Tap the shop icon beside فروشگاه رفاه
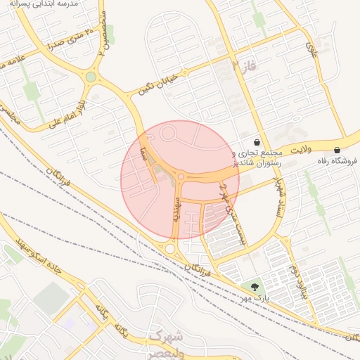[x=337, y=149]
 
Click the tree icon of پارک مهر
[x=254, y=287]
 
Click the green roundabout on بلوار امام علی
[x=91, y=77]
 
